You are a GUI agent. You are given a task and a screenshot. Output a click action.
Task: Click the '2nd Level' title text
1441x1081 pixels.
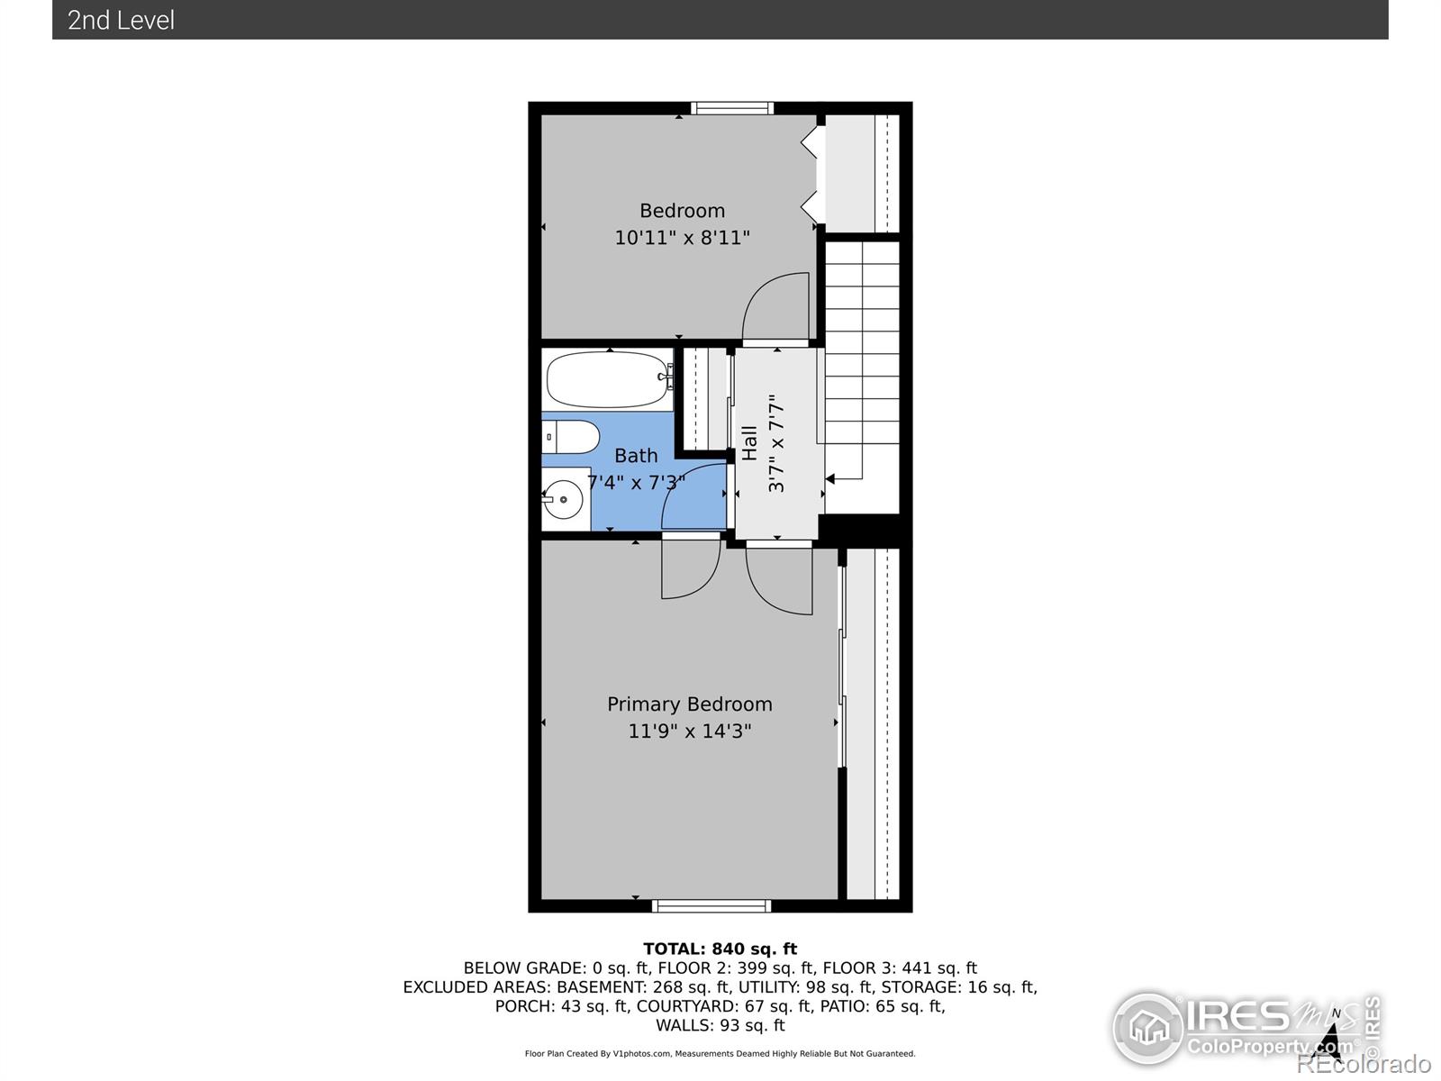[x=121, y=21]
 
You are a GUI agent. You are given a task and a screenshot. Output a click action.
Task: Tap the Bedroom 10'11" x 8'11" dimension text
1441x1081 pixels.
[x=682, y=237]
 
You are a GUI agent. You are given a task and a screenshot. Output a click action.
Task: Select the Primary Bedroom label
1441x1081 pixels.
[x=689, y=704]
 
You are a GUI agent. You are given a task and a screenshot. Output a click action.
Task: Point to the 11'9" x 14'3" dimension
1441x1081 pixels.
[x=689, y=731]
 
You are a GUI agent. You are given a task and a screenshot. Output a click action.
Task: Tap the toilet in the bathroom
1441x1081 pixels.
[x=570, y=437]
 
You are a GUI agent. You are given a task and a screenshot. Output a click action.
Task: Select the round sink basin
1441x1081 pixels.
[x=563, y=499]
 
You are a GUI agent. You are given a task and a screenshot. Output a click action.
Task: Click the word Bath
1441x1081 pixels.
[x=636, y=456]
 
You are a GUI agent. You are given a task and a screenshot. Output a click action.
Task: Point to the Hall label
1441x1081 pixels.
[x=749, y=443]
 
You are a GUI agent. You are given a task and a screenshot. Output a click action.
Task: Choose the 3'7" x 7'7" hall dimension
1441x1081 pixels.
[x=776, y=443]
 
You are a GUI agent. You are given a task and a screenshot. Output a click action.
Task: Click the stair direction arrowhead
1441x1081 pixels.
[x=829, y=479]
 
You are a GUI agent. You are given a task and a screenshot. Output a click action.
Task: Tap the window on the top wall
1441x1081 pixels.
[x=732, y=108]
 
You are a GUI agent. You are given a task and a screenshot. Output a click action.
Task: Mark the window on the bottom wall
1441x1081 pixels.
[x=711, y=906]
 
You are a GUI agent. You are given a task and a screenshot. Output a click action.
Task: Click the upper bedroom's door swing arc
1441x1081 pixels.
[x=762, y=289]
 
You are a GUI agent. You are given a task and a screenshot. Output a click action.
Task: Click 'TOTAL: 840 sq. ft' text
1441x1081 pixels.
[x=720, y=949]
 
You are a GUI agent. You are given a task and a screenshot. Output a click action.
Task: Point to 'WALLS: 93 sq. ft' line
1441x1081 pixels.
[x=720, y=1025]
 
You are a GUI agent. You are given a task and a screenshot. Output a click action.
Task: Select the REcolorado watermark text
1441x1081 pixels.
[x=1364, y=1063]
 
